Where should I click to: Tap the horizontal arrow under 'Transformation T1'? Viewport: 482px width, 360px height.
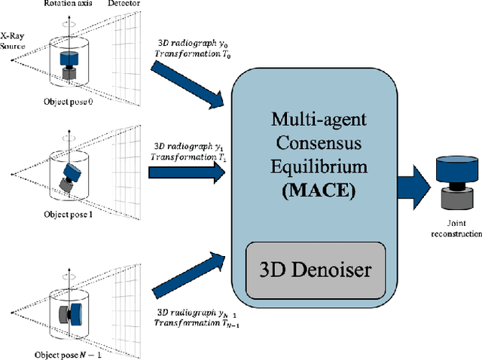coord(187,172)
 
